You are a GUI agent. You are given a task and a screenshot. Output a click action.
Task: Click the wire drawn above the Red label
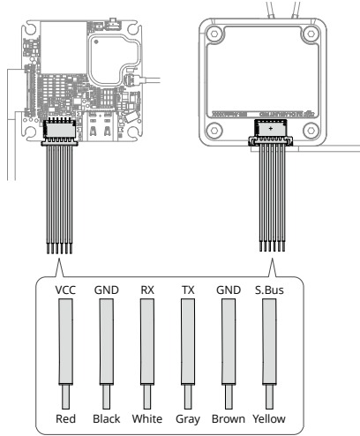(65, 344)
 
